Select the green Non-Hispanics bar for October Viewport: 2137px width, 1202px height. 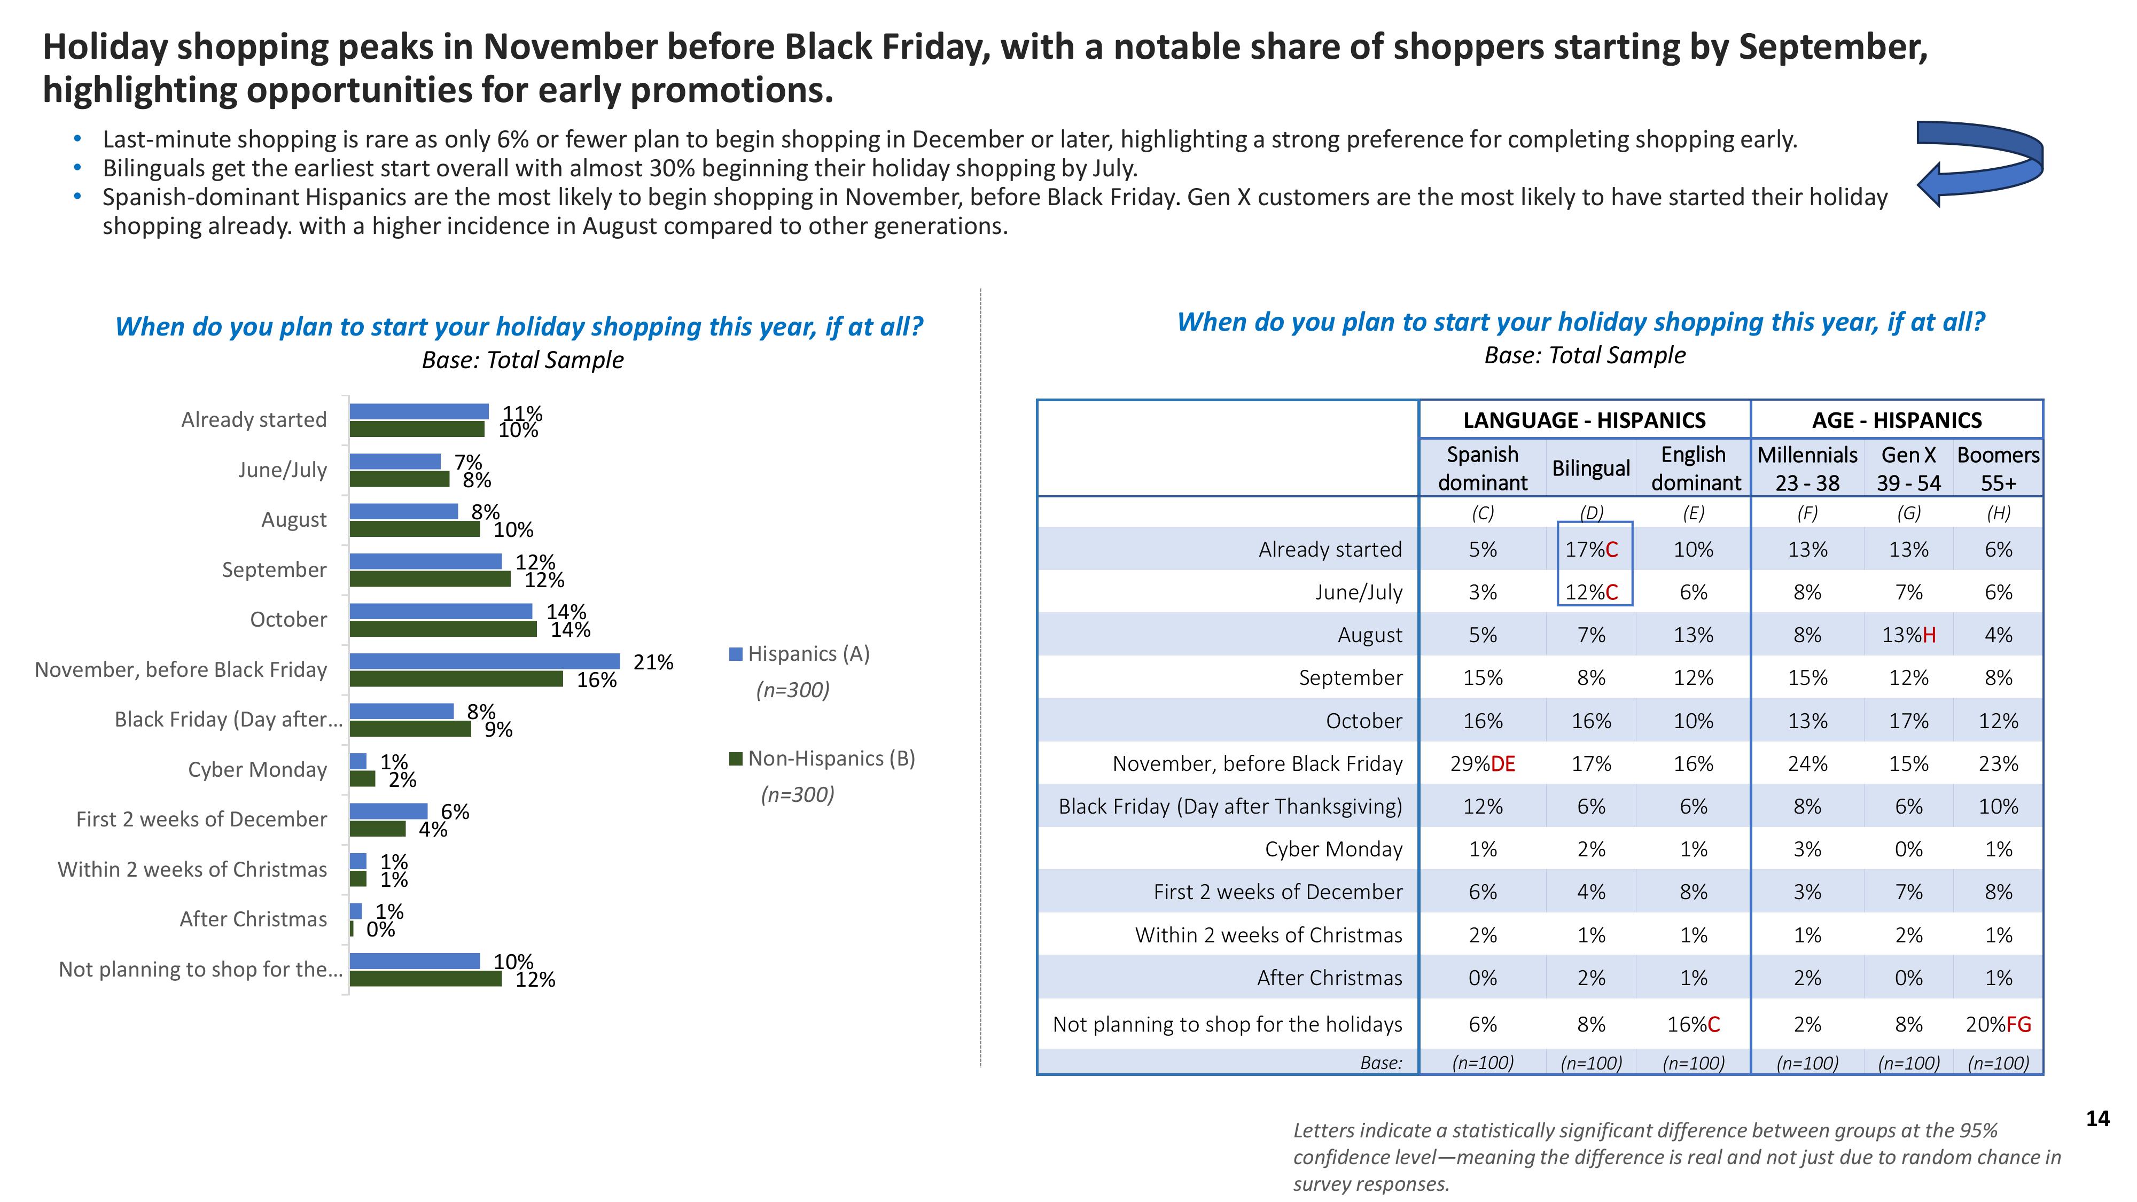coord(442,629)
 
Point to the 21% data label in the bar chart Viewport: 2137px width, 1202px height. coord(653,662)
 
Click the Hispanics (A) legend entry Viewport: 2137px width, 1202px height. coord(800,654)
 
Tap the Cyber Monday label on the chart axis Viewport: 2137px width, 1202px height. coord(257,770)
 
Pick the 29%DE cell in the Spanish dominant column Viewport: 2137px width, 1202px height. coord(1483,763)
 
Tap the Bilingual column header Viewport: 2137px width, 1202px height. coord(1590,468)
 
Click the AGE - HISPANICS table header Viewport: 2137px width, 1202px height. coord(1897,420)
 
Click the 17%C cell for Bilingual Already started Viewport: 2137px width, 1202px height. coord(1591,549)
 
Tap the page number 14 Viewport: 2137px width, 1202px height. coord(2097,1119)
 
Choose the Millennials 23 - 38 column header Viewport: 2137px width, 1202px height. coord(1807,469)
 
